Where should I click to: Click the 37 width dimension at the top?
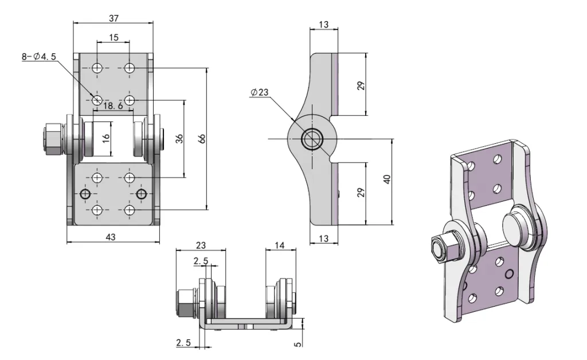click(114, 18)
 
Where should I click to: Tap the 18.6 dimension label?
click(112, 106)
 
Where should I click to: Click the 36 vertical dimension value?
click(179, 138)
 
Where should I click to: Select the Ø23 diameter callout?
click(259, 93)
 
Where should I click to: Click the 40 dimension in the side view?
click(388, 179)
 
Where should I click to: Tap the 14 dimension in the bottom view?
click(280, 245)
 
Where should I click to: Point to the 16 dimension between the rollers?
click(105, 139)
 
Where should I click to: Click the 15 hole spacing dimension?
click(114, 38)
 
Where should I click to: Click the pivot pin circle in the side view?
click(313, 139)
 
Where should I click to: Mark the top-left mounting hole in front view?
click(97, 68)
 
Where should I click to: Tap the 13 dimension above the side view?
click(323, 24)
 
